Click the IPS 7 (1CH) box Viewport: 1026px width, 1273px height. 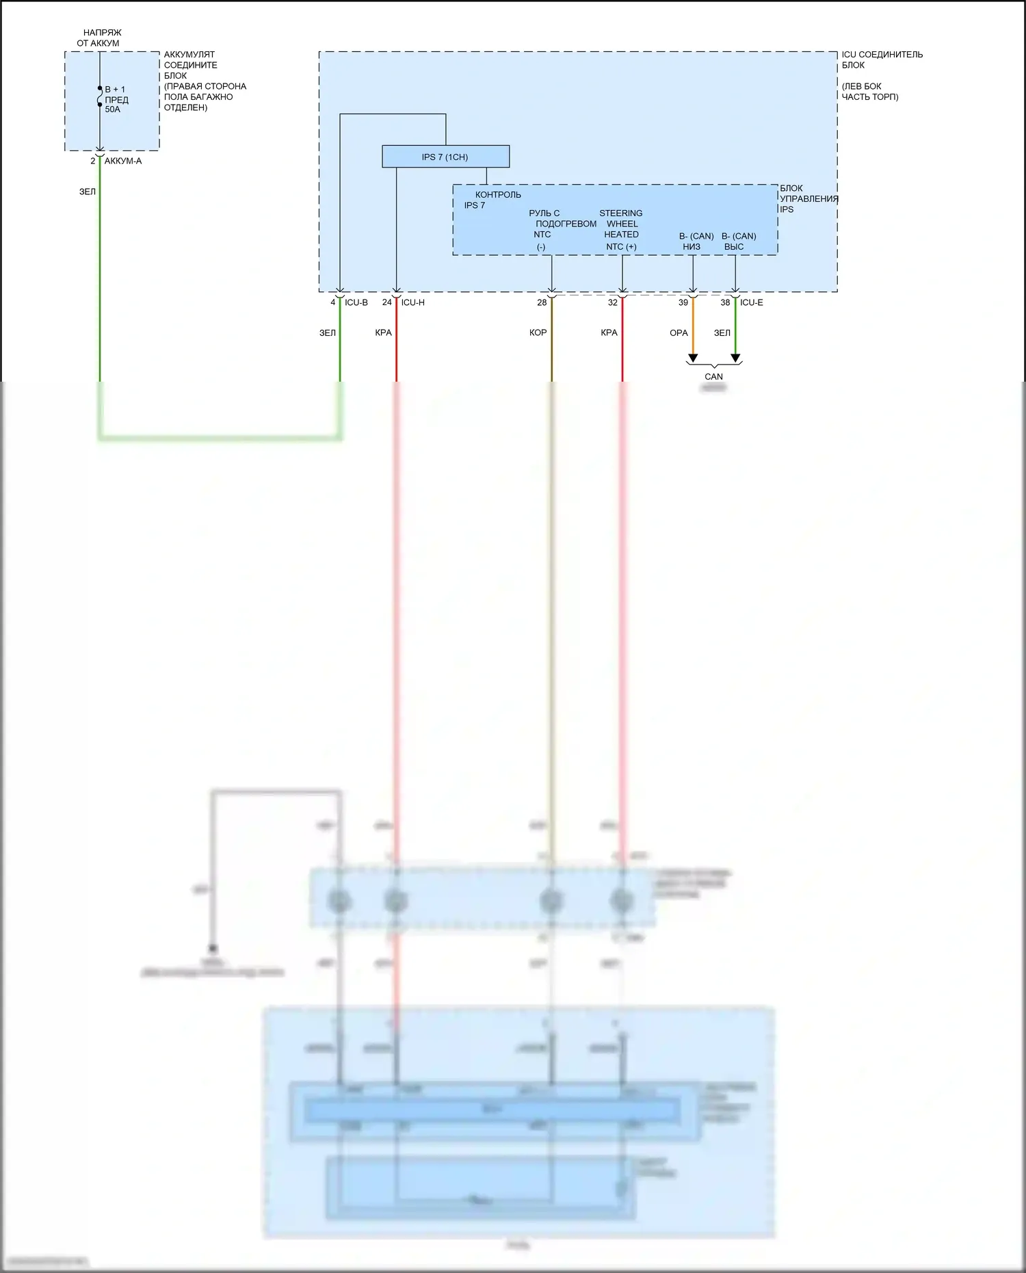point(445,157)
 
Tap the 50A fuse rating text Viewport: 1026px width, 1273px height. point(112,109)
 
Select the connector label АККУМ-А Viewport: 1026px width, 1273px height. point(123,161)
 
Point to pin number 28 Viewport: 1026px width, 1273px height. point(542,302)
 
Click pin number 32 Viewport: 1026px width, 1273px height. point(613,302)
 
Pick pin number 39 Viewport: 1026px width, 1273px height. point(683,302)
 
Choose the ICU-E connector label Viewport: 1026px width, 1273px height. point(752,302)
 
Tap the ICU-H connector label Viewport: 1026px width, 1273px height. point(413,302)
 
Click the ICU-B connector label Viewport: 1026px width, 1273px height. point(356,302)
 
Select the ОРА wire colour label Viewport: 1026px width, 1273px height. point(679,333)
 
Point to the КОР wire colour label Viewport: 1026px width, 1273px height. point(538,333)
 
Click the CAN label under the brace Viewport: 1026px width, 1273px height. point(713,377)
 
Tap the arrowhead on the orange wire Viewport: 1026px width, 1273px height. point(693,358)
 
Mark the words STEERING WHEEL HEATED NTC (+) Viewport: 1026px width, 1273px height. point(621,230)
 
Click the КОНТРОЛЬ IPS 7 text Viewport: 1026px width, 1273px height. point(492,200)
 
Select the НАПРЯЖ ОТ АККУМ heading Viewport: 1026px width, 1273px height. point(100,38)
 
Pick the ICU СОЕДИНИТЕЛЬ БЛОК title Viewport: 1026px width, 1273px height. point(881,60)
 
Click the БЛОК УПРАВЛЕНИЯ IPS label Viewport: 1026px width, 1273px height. point(807,198)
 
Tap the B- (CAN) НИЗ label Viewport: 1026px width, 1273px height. point(696,241)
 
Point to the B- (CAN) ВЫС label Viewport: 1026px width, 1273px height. point(738,241)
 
